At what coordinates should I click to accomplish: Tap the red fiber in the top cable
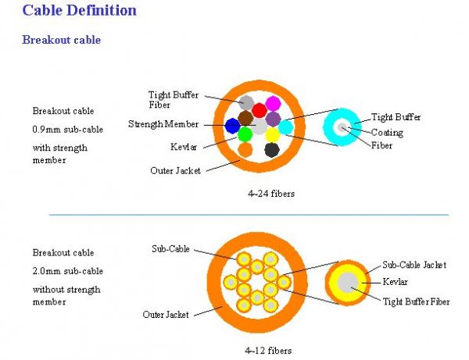pyautogui.click(x=260, y=110)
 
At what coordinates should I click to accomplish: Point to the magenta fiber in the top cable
pyautogui.click(x=273, y=103)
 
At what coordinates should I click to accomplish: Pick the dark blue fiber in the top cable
pyautogui.click(x=232, y=125)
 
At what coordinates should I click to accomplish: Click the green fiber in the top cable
pyautogui.click(x=245, y=134)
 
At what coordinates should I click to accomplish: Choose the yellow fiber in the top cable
pyautogui.click(x=272, y=134)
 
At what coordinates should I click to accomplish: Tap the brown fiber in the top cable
pyautogui.click(x=245, y=118)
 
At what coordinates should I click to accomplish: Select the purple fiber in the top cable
pyautogui.click(x=273, y=119)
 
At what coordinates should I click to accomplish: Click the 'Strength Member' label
pyautogui.click(x=163, y=124)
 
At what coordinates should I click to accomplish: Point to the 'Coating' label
pyautogui.click(x=387, y=132)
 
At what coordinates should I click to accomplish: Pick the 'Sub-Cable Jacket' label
pyautogui.click(x=414, y=265)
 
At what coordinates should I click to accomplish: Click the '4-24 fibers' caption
pyautogui.click(x=269, y=191)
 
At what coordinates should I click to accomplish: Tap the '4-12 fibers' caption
pyautogui.click(x=269, y=350)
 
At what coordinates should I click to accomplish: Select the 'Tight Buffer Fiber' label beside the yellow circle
pyautogui.click(x=415, y=301)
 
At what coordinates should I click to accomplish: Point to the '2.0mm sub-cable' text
pyautogui.click(x=67, y=271)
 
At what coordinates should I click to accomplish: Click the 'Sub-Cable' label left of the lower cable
pyautogui.click(x=170, y=249)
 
